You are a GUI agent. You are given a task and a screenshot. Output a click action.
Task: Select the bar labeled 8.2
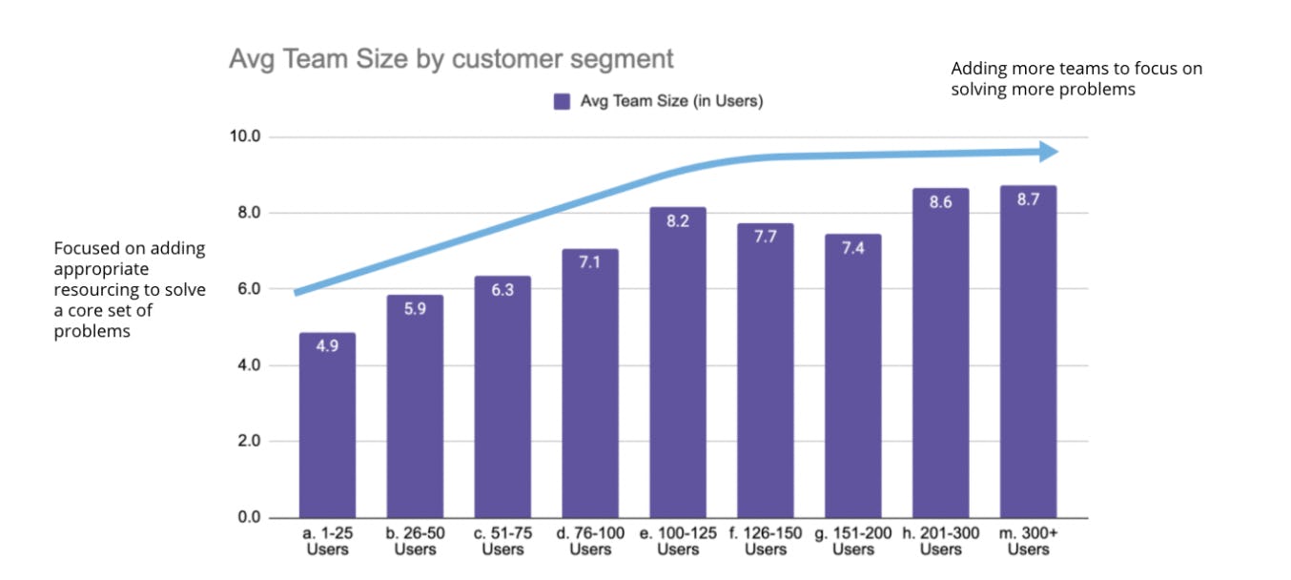click(x=678, y=362)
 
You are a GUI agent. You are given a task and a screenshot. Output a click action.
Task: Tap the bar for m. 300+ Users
click(x=1028, y=352)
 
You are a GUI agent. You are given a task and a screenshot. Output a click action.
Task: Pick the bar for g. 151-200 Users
click(x=853, y=376)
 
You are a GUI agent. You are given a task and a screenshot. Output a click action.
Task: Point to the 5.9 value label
click(x=415, y=309)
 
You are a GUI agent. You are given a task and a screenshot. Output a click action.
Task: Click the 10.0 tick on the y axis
click(x=245, y=137)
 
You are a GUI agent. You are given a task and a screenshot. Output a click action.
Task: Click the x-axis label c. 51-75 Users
click(x=502, y=541)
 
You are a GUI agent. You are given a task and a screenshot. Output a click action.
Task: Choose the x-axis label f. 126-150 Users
click(x=766, y=541)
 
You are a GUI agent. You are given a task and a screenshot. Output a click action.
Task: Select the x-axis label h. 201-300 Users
click(x=941, y=541)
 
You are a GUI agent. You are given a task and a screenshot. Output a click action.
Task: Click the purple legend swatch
click(x=563, y=101)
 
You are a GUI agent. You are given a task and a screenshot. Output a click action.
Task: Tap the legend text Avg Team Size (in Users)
click(x=671, y=101)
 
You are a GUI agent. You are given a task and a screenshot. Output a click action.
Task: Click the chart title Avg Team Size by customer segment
click(x=451, y=59)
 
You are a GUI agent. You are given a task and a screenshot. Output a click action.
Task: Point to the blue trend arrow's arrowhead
click(x=1048, y=152)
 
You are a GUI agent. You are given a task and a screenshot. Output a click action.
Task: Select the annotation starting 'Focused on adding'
click(x=130, y=289)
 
